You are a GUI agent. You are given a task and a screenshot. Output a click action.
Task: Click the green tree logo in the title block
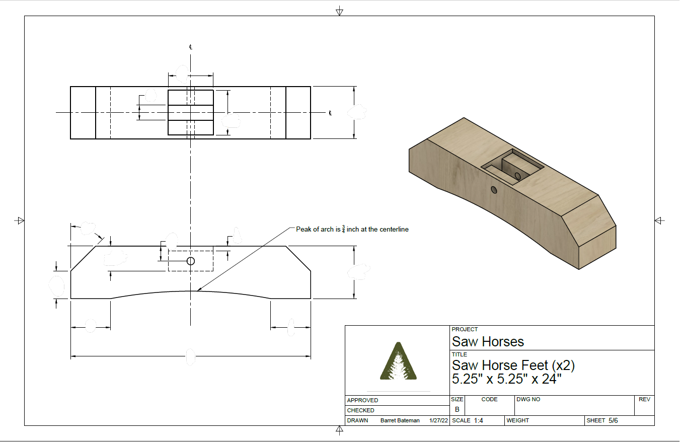pos(398,361)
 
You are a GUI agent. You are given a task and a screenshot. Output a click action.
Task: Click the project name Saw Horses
pos(488,342)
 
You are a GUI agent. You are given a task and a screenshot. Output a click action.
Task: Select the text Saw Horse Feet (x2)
pos(513,365)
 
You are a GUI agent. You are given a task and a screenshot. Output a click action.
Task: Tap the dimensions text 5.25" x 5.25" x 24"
pos(506,379)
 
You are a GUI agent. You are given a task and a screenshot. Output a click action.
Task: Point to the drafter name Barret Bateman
pos(400,420)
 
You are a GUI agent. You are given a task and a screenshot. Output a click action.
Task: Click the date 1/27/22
pos(438,420)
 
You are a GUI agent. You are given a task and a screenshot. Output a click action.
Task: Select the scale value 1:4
pos(478,420)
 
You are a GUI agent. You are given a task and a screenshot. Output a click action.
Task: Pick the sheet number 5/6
pos(613,420)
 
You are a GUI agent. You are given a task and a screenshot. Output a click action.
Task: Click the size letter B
pos(457,409)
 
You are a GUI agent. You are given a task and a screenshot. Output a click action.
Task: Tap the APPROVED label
pos(362,400)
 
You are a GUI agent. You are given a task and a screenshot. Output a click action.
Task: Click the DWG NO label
pos(528,399)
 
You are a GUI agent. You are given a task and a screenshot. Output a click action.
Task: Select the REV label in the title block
pos(644,399)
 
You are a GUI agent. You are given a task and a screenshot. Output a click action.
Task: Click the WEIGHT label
pos(517,420)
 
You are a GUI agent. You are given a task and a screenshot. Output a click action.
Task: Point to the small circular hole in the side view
pos(191,261)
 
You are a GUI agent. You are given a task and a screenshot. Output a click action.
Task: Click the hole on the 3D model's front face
pos(494,190)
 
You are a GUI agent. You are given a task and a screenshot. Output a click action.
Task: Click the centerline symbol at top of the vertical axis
pos(191,47)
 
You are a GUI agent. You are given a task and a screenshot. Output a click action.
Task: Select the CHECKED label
pos(361,410)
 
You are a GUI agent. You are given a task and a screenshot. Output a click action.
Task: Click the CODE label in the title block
pos(489,399)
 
